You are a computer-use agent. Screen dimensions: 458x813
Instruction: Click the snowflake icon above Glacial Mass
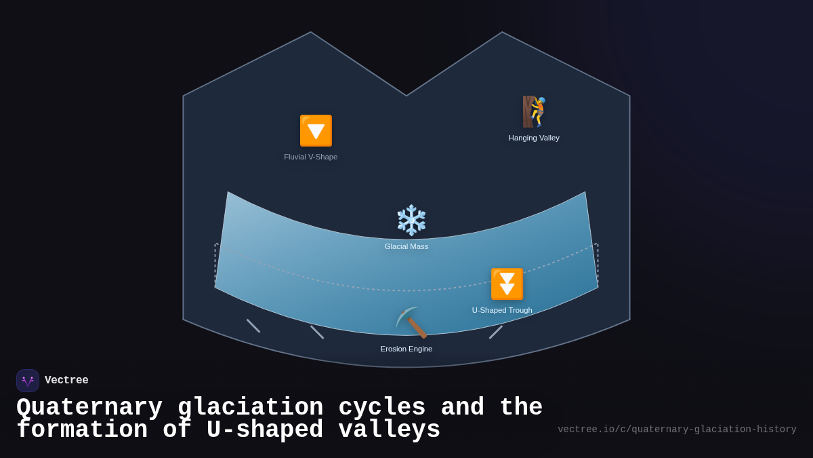(411, 220)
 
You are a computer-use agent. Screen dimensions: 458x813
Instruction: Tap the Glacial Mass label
(406, 246)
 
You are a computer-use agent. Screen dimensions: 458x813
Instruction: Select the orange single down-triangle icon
(316, 130)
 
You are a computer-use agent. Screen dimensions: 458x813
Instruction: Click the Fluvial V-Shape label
(310, 157)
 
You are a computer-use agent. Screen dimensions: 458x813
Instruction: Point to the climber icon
(535, 112)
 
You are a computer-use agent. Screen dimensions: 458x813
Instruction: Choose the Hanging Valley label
(534, 138)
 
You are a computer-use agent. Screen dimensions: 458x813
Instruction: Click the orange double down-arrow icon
(507, 284)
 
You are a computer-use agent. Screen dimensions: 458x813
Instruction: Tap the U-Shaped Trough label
(502, 310)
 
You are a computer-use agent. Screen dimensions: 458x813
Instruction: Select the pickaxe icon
(411, 322)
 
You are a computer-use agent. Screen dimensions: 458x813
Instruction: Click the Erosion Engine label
(406, 349)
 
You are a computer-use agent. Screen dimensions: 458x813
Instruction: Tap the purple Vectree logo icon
(28, 381)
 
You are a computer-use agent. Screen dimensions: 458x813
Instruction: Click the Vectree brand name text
(66, 381)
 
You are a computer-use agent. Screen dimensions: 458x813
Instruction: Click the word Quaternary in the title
(89, 408)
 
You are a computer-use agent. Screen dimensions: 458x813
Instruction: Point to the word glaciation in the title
(251, 408)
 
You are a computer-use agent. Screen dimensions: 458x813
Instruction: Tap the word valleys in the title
(390, 430)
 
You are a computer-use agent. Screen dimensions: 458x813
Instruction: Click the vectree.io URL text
(677, 430)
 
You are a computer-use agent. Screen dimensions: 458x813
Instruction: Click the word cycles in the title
(382, 408)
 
